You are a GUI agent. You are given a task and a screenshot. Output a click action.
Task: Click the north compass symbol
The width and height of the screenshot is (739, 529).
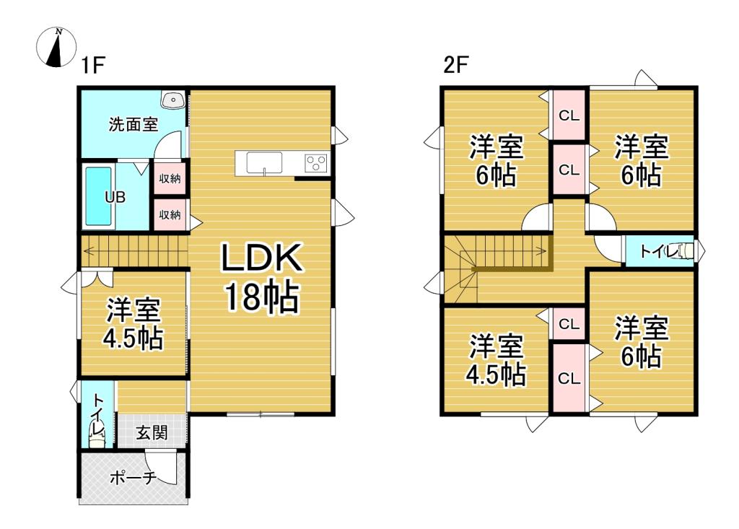(56, 47)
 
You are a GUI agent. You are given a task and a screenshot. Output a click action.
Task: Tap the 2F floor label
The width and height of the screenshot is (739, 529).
(457, 66)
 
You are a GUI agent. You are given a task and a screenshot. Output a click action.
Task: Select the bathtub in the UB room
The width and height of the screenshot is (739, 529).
(98, 196)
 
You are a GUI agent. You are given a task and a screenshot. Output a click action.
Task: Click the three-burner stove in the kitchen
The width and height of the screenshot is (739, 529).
(316, 163)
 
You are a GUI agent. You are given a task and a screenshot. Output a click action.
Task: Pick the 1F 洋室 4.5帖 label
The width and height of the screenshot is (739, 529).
(134, 324)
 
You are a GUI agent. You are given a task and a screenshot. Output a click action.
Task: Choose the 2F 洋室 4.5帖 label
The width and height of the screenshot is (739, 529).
(497, 360)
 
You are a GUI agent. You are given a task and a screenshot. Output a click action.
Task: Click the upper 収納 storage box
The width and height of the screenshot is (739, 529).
(170, 178)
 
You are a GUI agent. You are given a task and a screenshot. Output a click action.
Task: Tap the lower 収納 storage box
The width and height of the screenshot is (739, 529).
(170, 214)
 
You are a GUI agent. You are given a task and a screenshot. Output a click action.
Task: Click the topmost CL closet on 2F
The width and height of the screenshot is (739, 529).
(569, 115)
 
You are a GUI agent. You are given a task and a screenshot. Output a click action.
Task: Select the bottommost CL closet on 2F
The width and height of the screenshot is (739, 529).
(569, 378)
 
